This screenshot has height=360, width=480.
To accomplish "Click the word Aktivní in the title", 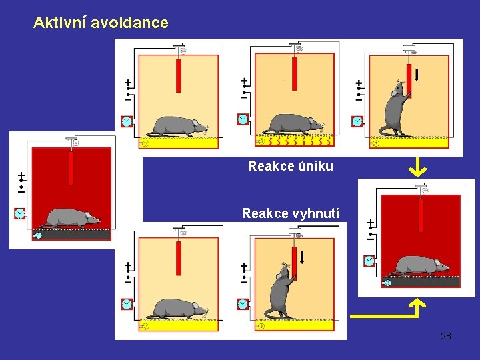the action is coord(60,23).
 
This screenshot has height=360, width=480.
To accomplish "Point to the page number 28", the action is coord(446,337).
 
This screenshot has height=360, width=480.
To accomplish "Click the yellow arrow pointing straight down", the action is coord(417,167).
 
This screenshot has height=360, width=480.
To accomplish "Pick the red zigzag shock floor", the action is coord(295,141).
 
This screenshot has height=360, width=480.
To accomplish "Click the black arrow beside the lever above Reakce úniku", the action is coord(416,75).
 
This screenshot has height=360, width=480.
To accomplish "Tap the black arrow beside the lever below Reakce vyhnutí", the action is coord(302,257).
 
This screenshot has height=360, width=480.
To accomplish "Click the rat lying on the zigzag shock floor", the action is coord(293,124).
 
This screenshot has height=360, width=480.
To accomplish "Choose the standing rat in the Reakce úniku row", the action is coord(394,109).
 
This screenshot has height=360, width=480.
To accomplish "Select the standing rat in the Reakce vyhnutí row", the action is coord(280,291).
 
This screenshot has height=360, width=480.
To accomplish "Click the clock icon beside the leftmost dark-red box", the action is coord(19,213).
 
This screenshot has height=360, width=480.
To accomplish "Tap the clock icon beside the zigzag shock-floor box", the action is coord(243,119).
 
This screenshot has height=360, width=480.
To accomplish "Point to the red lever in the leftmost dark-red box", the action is coord(71,168).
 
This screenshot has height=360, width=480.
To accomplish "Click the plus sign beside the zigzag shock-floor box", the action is coord(244,81).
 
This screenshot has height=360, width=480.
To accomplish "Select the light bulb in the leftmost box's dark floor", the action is coord(37,235).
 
